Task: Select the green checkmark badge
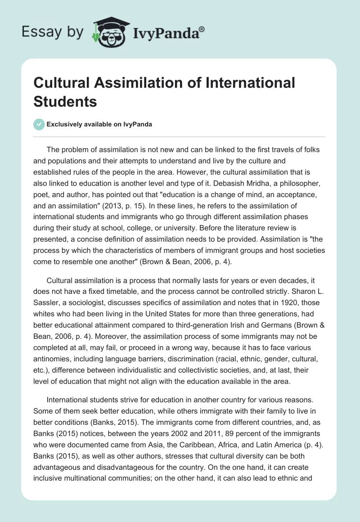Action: (x=39, y=125)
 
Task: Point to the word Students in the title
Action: (x=65, y=101)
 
